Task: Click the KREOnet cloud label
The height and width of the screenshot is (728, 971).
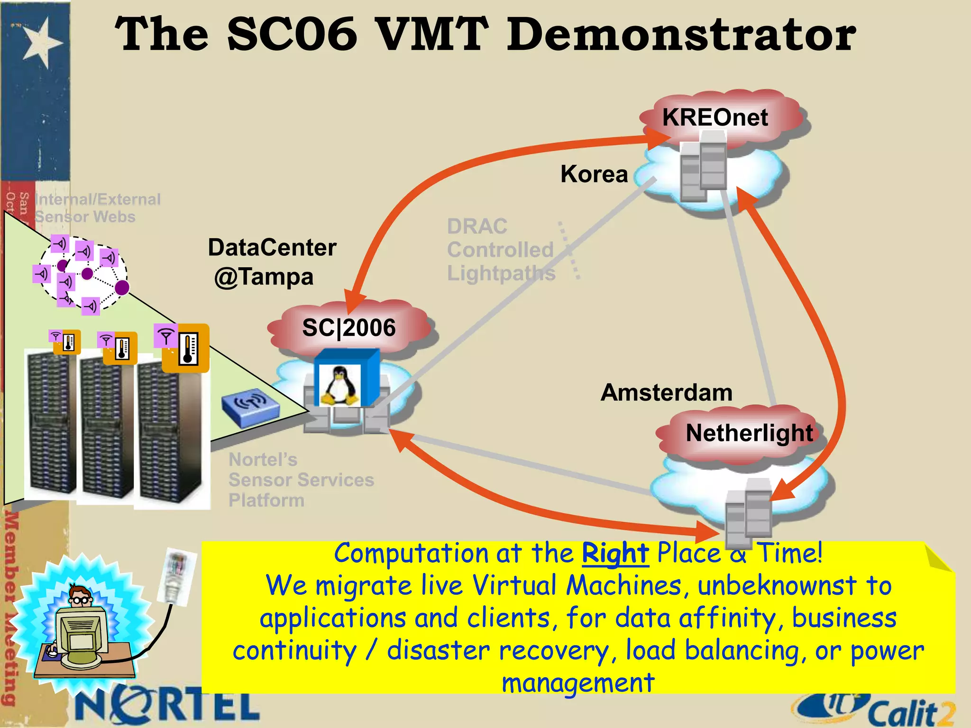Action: pyautogui.click(x=715, y=117)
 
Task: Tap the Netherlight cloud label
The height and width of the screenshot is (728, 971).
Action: pyautogui.click(x=749, y=433)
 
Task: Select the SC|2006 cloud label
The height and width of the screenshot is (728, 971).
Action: pyautogui.click(x=349, y=328)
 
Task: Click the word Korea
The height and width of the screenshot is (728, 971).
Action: pyautogui.click(x=594, y=174)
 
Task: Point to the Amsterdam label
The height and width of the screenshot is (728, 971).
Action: pyautogui.click(x=666, y=392)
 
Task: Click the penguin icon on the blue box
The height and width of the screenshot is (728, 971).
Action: pyautogui.click(x=339, y=385)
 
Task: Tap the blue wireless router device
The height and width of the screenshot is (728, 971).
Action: pyautogui.click(x=250, y=407)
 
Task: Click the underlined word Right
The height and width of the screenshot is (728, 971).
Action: pyautogui.click(x=615, y=553)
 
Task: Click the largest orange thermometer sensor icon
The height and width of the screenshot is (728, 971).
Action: pyautogui.click(x=186, y=348)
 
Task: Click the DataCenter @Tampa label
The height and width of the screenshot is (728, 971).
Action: pyautogui.click(x=272, y=262)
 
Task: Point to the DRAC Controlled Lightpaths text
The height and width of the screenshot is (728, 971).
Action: pyautogui.click(x=501, y=250)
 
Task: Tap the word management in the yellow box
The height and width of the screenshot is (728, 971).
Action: pyautogui.click(x=578, y=682)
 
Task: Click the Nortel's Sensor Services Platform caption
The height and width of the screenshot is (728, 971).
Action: pyautogui.click(x=301, y=480)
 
